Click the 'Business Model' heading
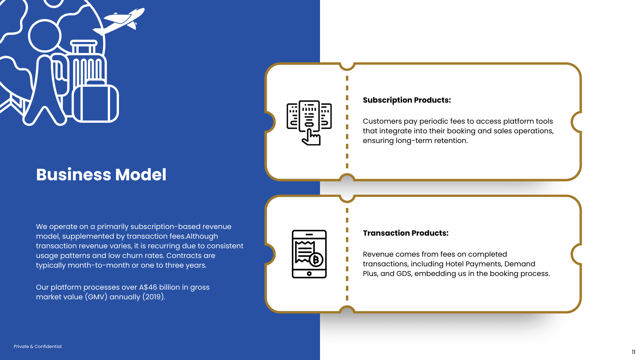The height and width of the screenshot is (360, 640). click(101, 175)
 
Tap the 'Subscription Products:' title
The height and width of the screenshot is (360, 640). click(407, 100)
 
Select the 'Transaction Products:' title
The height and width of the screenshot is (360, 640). click(406, 233)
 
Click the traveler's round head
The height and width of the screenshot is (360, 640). click(45, 36)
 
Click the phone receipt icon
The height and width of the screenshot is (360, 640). click(309, 254)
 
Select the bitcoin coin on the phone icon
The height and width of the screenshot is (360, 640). click(316, 260)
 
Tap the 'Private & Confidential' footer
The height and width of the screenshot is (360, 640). click(38, 347)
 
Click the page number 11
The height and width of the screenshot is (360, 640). click(633, 352)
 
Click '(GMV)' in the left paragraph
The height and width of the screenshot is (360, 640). click(96, 297)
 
